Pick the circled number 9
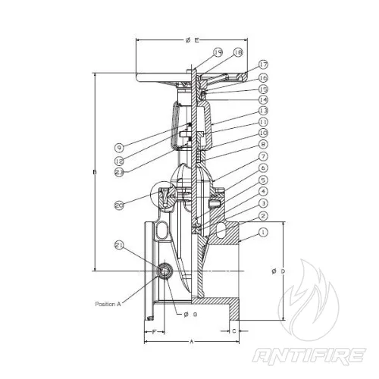(120, 146)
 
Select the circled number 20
(119, 205)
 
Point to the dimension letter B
(95, 174)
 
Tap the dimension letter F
(154, 332)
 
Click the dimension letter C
(234, 331)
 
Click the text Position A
(109, 303)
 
